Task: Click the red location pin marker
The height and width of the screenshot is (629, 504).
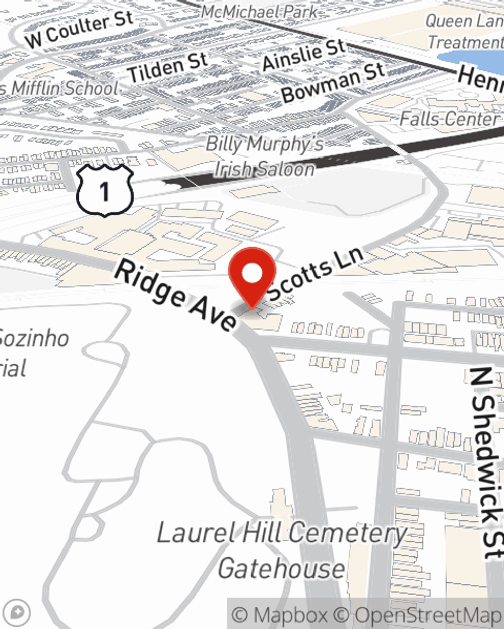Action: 252,276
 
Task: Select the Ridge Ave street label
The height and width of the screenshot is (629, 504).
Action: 175,296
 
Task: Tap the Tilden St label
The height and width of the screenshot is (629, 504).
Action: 167,67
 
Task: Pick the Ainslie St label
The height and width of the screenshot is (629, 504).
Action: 303,54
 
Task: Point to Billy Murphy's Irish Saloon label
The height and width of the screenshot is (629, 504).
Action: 265,156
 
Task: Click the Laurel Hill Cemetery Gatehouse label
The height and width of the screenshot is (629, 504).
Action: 282,551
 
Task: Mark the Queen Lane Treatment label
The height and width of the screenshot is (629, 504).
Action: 464,31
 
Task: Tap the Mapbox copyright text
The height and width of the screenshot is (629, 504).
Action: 280,615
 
